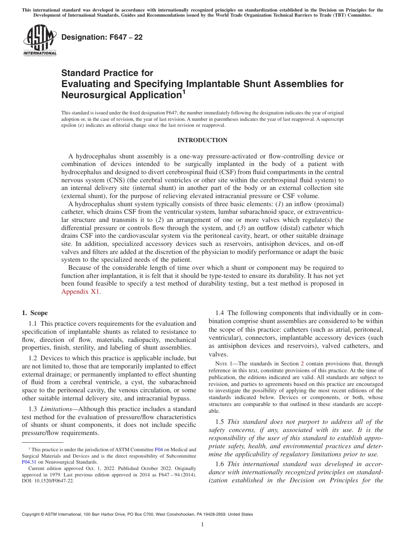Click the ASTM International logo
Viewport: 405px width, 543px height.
[39, 41]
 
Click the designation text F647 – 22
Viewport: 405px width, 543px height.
[102, 38]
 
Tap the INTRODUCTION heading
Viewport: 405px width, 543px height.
[202, 140]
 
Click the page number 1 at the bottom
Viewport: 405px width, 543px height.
[202, 525]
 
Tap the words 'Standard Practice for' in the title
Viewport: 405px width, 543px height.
[107, 73]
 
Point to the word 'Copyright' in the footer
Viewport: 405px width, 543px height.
[31, 514]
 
